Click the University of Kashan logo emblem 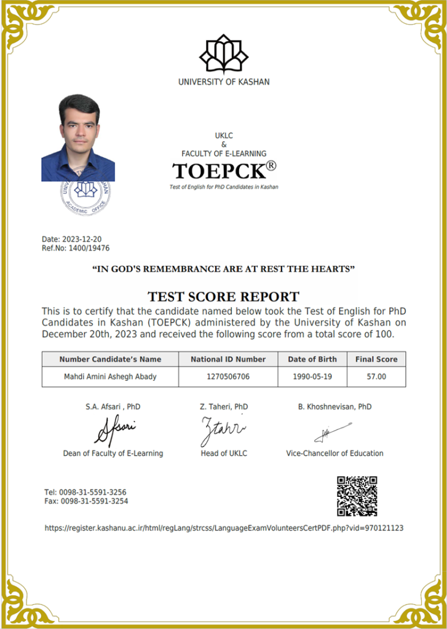(x=223, y=53)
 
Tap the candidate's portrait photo (x=78, y=138)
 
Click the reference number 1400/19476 (x=89, y=248)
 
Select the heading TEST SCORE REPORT (x=224, y=296)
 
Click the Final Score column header (x=376, y=359)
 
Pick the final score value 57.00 (x=376, y=377)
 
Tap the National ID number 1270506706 (x=228, y=377)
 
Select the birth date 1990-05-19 (x=313, y=377)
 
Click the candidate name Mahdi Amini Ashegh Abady (x=110, y=377)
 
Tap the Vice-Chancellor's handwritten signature (x=333, y=433)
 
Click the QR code (x=357, y=496)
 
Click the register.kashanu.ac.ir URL (x=224, y=528)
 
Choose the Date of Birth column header (x=313, y=359)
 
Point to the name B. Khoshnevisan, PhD (x=334, y=407)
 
